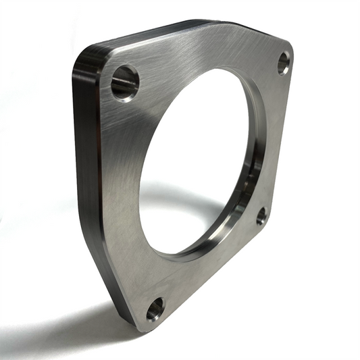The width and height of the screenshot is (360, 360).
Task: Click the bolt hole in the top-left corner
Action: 125,82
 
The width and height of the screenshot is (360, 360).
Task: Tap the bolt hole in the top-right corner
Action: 284,63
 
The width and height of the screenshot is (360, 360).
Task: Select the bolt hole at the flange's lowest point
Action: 155,309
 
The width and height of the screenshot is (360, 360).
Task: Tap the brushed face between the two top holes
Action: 203,54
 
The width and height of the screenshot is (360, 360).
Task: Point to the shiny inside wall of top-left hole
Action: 120,84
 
